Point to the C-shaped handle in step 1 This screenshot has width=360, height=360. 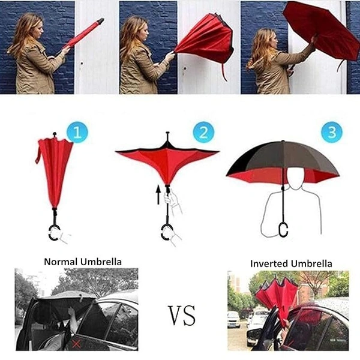tap(55, 232)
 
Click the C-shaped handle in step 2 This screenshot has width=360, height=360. tap(167, 232)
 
